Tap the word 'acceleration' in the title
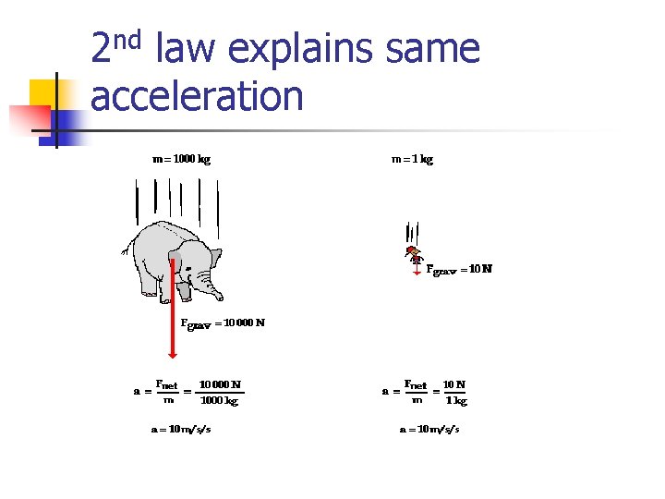(x=197, y=95)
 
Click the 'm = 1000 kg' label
(x=181, y=159)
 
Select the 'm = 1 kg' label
(x=412, y=159)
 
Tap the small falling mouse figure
(x=415, y=252)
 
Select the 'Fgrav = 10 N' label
(x=459, y=270)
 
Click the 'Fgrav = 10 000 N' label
(x=223, y=323)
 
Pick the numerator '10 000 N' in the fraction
(x=220, y=383)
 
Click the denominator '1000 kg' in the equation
(x=220, y=401)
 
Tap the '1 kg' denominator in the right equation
(x=456, y=401)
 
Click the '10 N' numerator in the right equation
(x=454, y=383)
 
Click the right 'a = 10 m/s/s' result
(x=429, y=429)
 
